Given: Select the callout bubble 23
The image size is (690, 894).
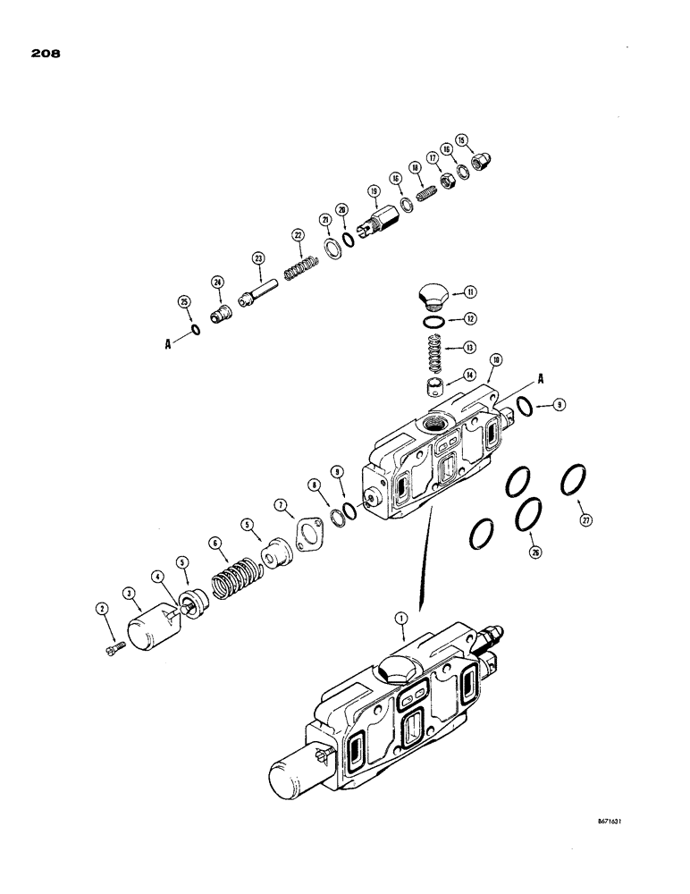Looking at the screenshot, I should pyautogui.click(x=258, y=258).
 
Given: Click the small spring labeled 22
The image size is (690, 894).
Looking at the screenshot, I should pyautogui.click(x=301, y=267).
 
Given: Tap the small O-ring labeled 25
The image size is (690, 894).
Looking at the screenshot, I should pyautogui.click(x=194, y=328).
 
